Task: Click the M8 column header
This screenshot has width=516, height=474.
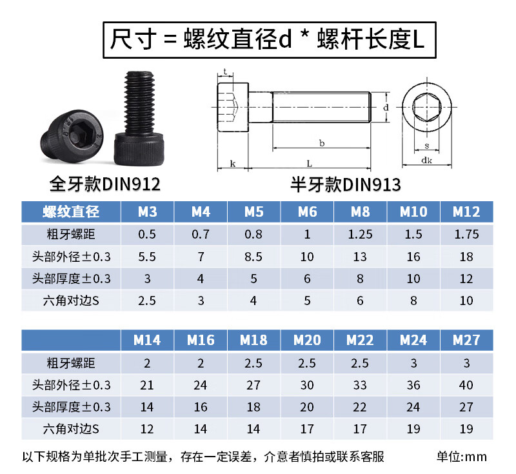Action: point(360,212)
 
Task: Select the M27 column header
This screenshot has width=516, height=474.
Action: point(466,340)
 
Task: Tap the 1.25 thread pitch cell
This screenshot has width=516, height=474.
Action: point(360,234)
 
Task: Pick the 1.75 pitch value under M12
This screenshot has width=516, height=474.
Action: point(466,234)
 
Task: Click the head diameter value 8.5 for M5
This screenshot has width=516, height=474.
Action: point(253,257)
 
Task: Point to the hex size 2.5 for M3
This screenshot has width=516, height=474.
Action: point(147,301)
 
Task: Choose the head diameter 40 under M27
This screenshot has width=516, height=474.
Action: point(466,385)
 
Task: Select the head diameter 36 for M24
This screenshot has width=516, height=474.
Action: point(413,385)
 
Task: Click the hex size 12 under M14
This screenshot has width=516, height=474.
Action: point(147,429)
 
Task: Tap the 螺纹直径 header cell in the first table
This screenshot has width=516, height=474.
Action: point(71,212)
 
